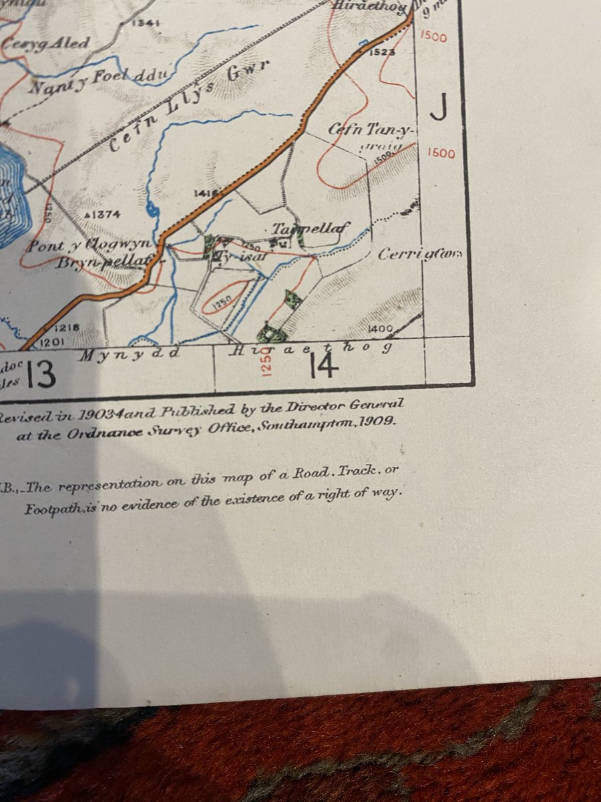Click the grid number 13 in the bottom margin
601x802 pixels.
(x=41, y=375)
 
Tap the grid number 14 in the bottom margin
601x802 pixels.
(x=322, y=366)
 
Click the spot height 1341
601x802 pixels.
(x=146, y=23)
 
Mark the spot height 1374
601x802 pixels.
(x=103, y=215)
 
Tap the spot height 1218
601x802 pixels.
(x=67, y=328)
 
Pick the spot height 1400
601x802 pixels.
(x=380, y=329)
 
